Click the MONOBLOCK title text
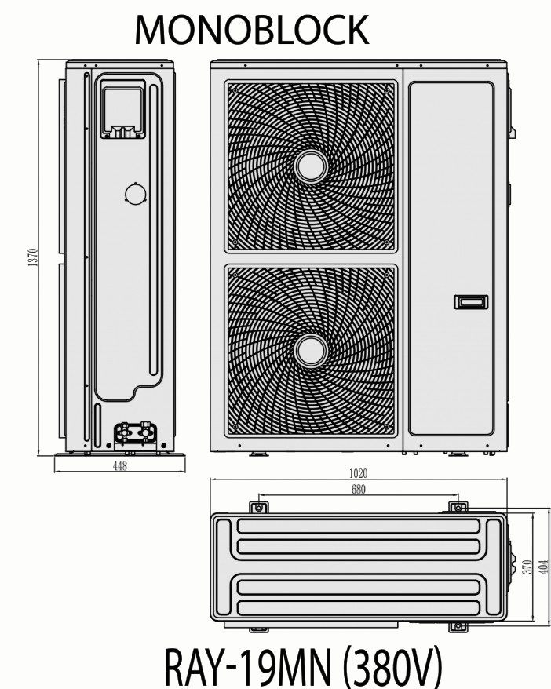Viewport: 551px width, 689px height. [x=251, y=30]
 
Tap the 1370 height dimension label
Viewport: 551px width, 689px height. [x=33, y=258]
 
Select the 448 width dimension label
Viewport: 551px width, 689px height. [x=119, y=465]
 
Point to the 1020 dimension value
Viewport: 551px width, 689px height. [x=358, y=473]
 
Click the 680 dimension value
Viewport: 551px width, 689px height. [x=358, y=489]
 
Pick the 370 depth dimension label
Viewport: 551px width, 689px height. [x=527, y=567]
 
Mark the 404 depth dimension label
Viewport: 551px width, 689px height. [x=544, y=567]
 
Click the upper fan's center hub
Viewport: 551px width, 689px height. [x=312, y=166]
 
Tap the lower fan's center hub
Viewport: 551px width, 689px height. [x=312, y=351]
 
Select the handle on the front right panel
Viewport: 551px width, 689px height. [x=471, y=302]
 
